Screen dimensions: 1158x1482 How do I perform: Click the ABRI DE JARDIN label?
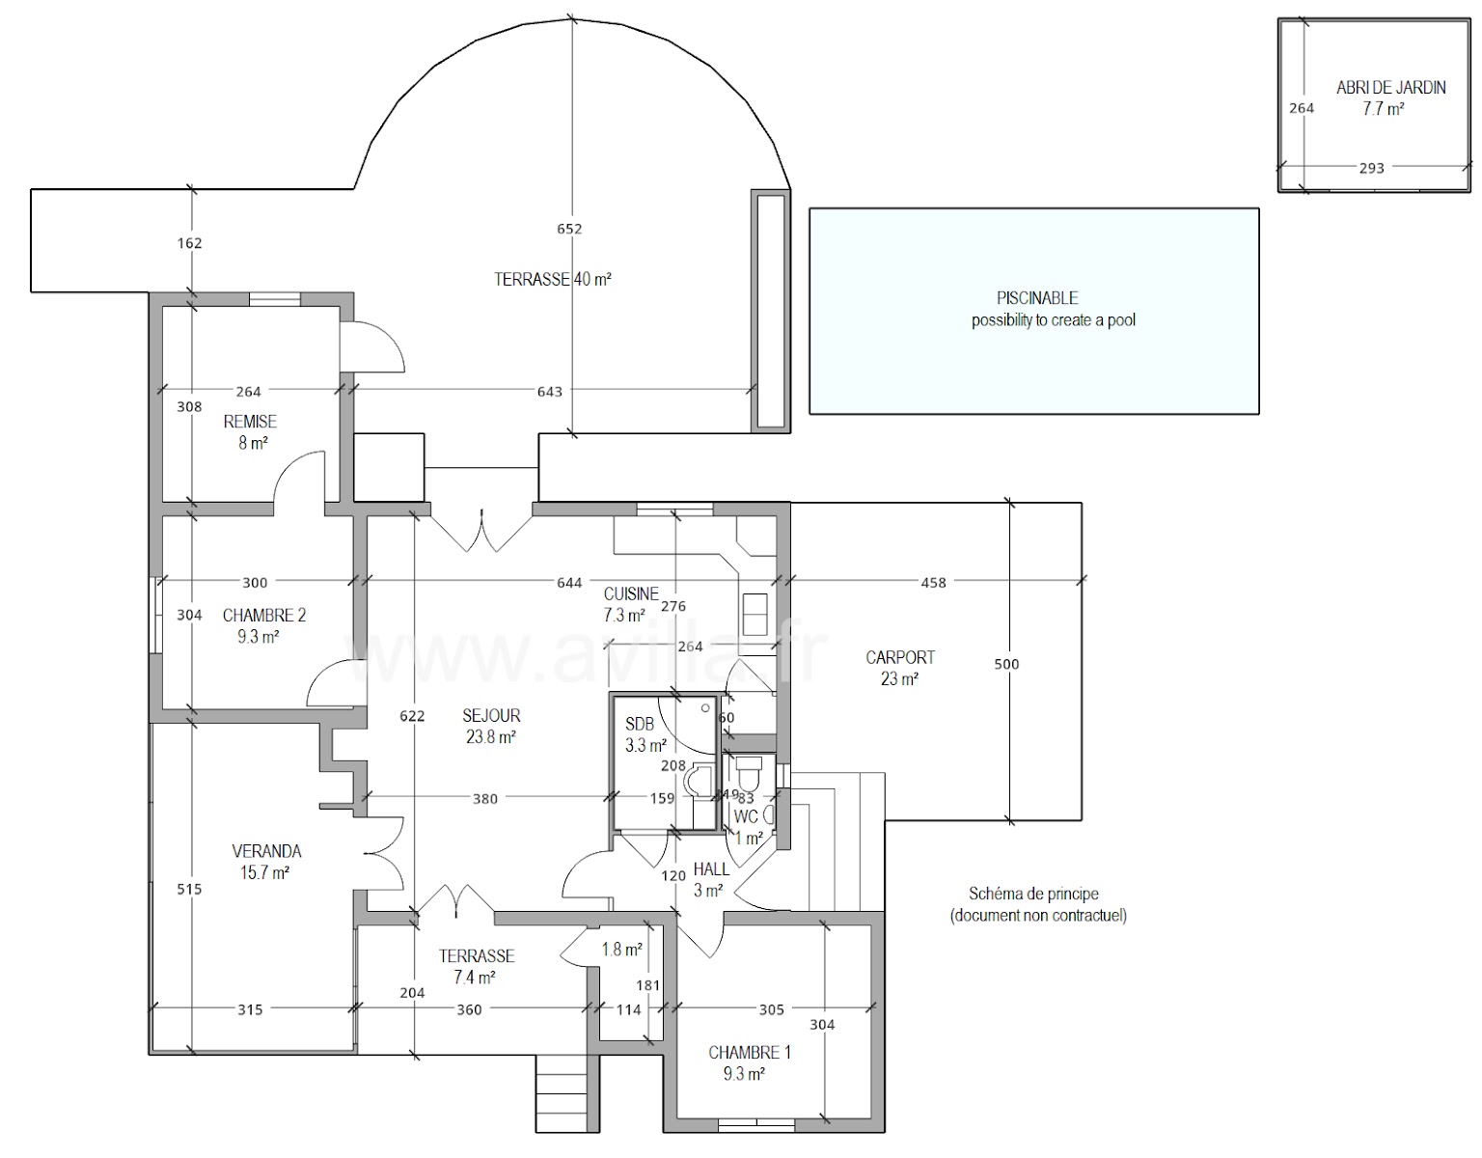point(1390,88)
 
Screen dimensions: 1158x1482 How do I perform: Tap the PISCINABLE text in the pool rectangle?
point(1037,298)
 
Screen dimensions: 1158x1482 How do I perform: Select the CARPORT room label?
point(899,658)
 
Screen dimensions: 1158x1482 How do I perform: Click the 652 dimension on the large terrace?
point(570,229)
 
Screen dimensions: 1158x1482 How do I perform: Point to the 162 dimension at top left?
point(190,243)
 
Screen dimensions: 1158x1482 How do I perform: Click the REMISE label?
point(250,422)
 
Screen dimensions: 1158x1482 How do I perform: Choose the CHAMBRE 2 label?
point(263,616)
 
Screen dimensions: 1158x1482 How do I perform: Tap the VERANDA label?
point(266,851)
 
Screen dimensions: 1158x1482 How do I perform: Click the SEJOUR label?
point(491,716)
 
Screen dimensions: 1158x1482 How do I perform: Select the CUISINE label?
point(631,594)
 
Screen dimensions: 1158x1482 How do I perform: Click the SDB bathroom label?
point(639,725)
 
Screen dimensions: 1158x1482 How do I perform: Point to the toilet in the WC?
point(749,772)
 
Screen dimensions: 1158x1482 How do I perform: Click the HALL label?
point(711,869)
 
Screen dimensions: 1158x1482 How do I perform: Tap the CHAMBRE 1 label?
point(750,1053)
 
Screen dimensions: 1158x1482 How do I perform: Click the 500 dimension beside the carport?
point(1006,664)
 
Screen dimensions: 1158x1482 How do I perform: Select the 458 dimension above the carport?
point(933,582)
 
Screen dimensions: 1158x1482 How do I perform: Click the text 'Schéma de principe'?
point(1033,895)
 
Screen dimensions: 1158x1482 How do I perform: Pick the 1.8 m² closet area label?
point(621,950)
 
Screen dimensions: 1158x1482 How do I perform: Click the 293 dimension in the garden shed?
point(1371,168)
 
